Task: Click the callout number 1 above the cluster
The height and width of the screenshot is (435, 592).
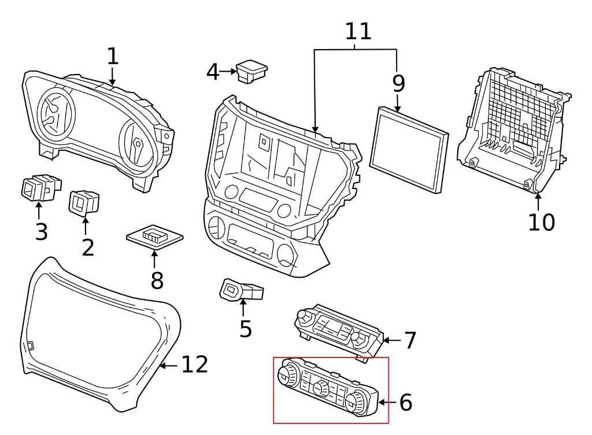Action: [113, 56]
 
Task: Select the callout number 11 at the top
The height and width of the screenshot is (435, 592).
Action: [358, 31]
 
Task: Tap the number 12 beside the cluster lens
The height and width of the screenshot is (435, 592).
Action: [194, 364]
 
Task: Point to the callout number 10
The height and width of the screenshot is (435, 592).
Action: [541, 222]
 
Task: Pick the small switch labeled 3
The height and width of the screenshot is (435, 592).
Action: [39, 188]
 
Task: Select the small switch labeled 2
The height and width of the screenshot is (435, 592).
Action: [84, 202]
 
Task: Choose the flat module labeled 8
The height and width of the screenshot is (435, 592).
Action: [155, 235]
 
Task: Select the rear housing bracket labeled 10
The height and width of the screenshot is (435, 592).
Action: [512, 130]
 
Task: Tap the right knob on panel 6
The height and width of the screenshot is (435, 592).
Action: [358, 400]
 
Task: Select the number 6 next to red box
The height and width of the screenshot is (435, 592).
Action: [405, 403]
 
